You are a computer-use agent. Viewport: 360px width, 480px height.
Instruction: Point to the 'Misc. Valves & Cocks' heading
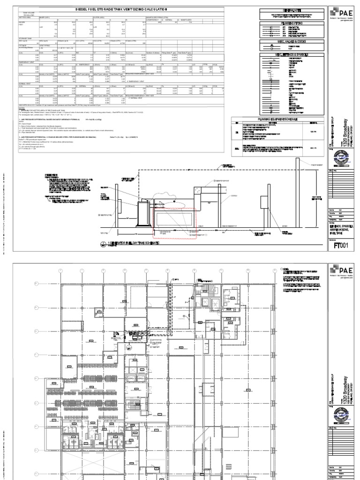[x=292, y=42]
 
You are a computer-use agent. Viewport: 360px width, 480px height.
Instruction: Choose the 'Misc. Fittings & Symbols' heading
[x=292, y=54]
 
